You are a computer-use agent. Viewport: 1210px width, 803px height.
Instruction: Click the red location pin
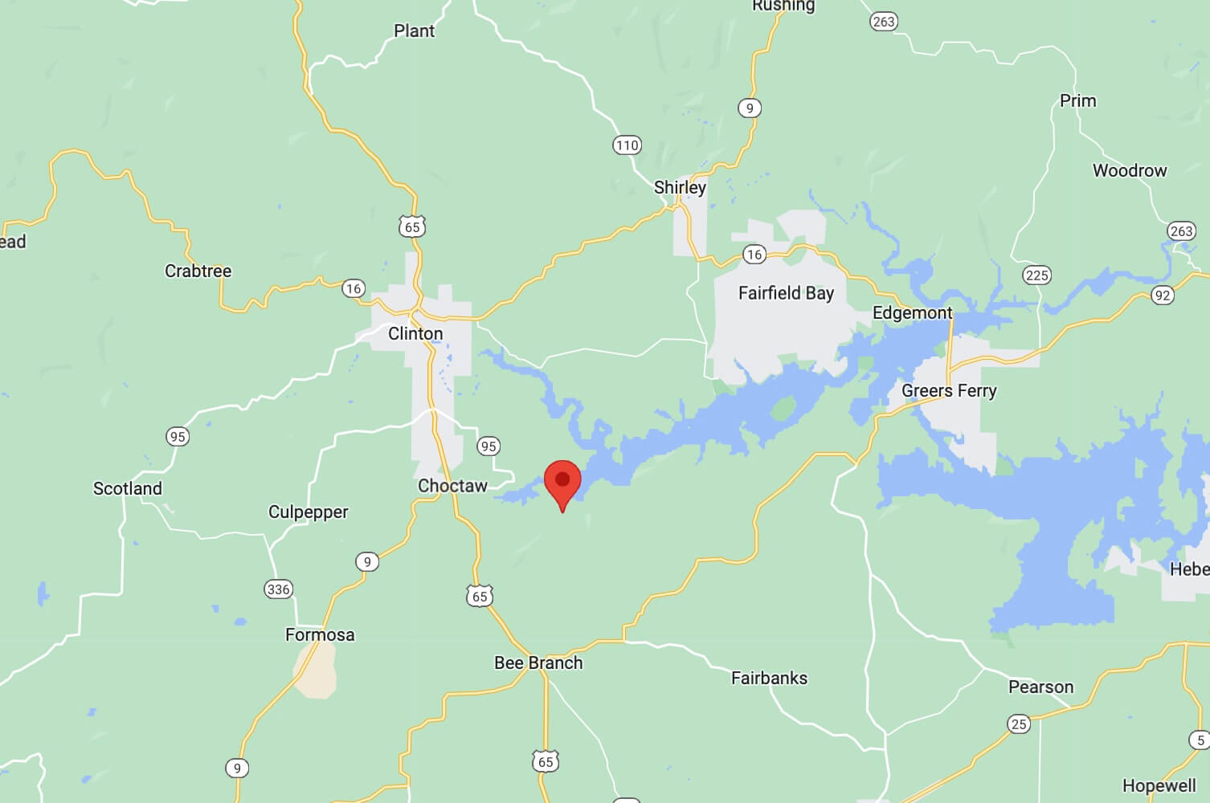point(562,481)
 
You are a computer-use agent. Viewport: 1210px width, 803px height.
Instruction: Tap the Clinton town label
point(415,333)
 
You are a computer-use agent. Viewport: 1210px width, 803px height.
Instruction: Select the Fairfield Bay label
point(786,293)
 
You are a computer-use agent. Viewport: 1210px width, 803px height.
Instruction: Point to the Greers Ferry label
point(949,391)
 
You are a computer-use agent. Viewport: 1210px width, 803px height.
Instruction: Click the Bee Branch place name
point(538,663)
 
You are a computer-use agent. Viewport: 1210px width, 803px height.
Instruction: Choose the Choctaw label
point(452,486)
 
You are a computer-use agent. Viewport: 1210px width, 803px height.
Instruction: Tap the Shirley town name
point(680,188)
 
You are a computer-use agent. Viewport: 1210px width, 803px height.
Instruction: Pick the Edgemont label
point(912,313)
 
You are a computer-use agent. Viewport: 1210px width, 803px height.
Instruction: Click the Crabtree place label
point(198,271)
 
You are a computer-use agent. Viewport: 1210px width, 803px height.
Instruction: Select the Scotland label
point(128,489)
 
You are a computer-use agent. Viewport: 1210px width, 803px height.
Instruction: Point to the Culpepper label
point(308,512)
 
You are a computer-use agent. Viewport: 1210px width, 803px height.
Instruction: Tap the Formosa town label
point(320,635)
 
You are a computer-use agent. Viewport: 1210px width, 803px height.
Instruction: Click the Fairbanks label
point(769,679)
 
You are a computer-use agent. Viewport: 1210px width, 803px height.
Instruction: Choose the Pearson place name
point(1040,687)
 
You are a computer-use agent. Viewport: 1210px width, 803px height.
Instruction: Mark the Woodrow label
point(1129,171)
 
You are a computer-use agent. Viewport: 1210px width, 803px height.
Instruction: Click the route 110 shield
point(627,145)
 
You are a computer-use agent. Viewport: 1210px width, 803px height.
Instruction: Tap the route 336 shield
point(278,589)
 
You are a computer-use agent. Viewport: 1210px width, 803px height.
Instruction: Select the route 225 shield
point(1036,275)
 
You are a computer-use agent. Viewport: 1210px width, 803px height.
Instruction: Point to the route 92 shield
point(1162,295)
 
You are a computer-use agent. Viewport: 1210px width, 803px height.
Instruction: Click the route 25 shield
point(1019,724)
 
